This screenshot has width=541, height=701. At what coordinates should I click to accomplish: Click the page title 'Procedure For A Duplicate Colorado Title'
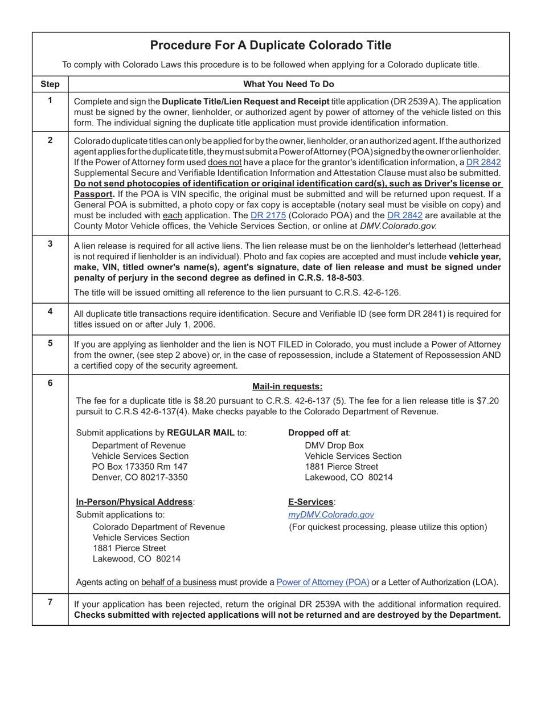(x=270, y=46)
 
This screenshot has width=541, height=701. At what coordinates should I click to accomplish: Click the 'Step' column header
(x=50, y=84)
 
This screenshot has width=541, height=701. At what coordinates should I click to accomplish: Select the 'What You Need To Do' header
(x=289, y=84)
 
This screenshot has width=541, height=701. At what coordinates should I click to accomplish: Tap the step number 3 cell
(x=50, y=244)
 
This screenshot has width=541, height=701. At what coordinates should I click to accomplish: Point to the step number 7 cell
(x=50, y=602)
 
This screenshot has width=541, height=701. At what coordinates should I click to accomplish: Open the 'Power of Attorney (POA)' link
(x=323, y=582)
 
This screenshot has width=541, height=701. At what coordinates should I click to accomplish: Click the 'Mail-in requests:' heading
(x=287, y=386)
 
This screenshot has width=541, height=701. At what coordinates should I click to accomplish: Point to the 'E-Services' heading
(x=311, y=502)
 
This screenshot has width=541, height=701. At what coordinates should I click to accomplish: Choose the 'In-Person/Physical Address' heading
(x=134, y=502)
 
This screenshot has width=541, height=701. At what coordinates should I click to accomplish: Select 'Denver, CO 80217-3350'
(x=140, y=478)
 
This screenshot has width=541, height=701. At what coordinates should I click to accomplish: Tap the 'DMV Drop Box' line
(x=334, y=445)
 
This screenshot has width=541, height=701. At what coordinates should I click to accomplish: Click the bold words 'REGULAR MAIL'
(x=201, y=433)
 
